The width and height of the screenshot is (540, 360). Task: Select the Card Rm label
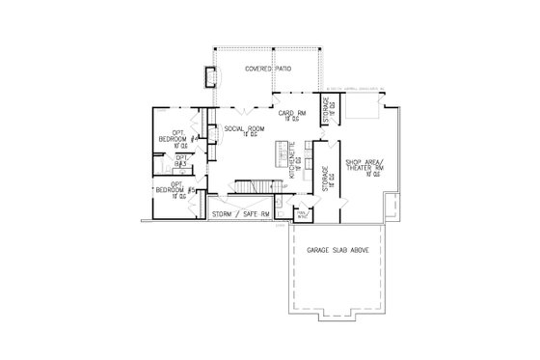coord(292,115)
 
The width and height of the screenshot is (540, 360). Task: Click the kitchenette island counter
coord(284,154)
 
